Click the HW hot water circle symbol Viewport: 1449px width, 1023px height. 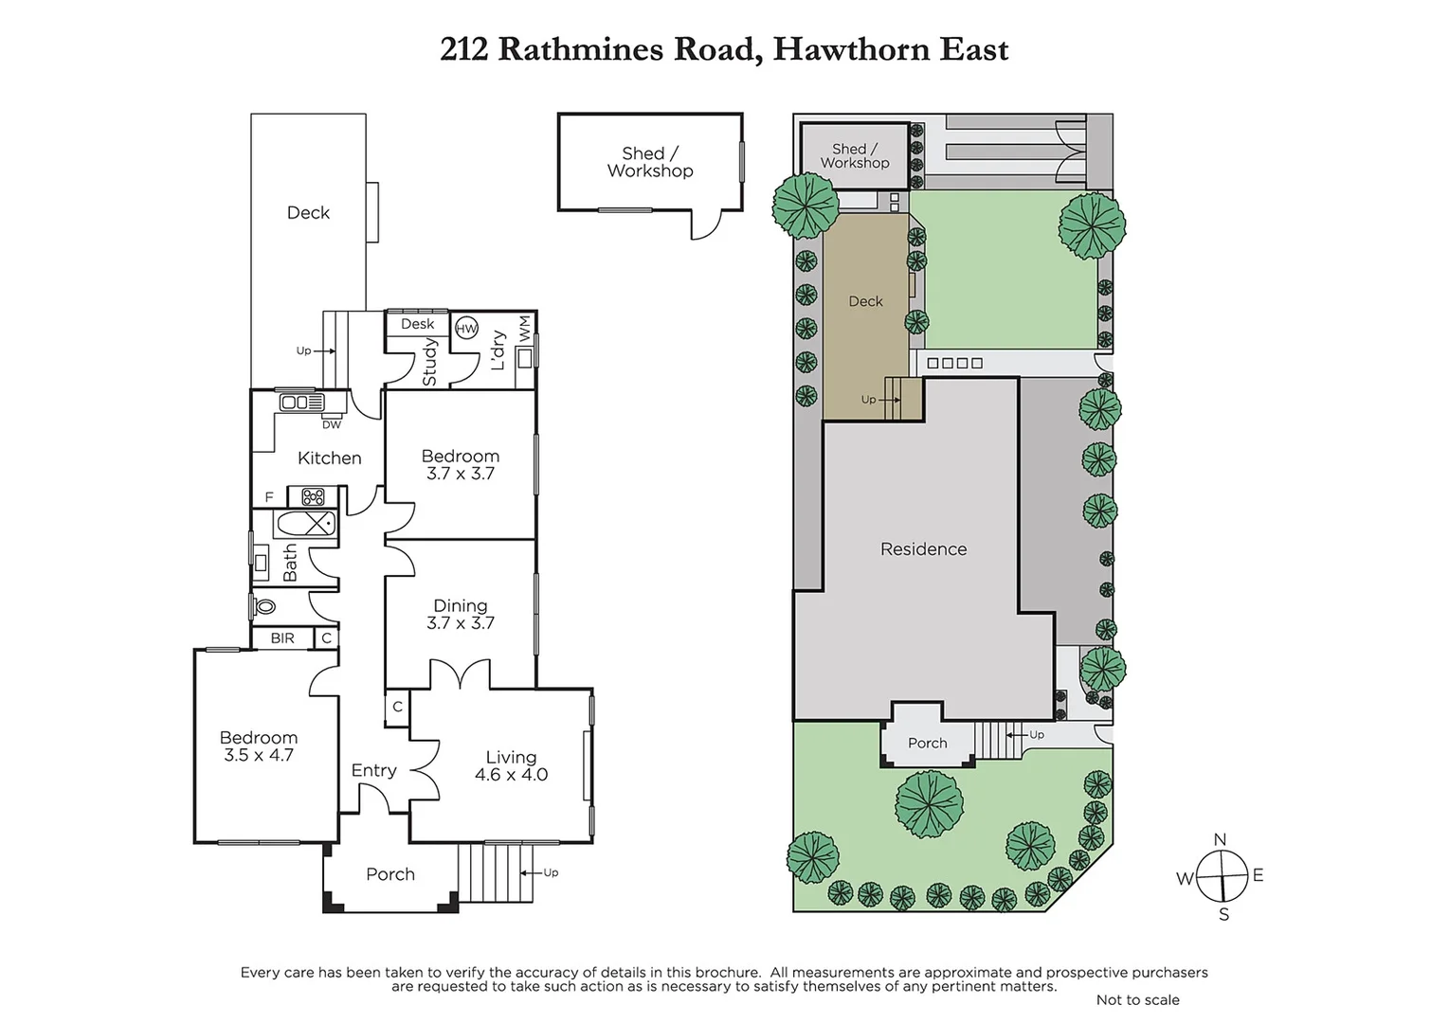click(x=466, y=329)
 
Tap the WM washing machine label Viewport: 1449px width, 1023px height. click(x=525, y=329)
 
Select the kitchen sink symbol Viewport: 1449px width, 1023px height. click(x=301, y=403)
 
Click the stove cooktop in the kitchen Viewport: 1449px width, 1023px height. click(x=313, y=496)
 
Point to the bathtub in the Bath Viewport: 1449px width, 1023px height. click(x=305, y=523)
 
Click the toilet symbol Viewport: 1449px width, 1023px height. click(x=264, y=606)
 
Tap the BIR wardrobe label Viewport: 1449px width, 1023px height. click(x=282, y=638)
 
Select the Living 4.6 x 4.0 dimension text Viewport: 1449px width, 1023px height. click(x=511, y=775)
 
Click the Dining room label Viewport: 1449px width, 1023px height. click(x=460, y=605)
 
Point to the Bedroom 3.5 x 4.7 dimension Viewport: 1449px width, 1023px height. click(x=258, y=756)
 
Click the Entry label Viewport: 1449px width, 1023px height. click(x=373, y=770)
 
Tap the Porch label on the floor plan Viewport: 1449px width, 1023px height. click(x=390, y=874)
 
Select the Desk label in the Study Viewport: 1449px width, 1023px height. click(x=417, y=324)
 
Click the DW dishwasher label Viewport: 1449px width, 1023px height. click(x=331, y=425)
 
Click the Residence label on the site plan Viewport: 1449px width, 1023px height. click(x=923, y=548)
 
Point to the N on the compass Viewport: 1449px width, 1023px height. click(x=1220, y=839)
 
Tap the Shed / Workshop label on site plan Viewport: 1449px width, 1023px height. click(x=855, y=156)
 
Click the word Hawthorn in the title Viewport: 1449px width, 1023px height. click(x=851, y=49)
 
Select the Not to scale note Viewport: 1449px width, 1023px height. click(x=1137, y=1000)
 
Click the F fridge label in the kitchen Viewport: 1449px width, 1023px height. click(x=269, y=497)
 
